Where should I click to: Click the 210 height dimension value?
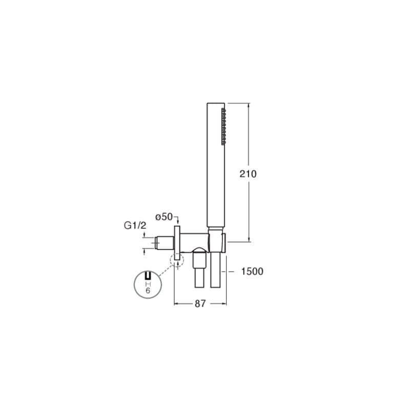click(x=248, y=174)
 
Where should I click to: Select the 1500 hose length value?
click(x=252, y=272)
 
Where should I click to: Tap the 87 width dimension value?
click(x=200, y=303)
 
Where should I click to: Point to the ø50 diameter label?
click(x=164, y=217)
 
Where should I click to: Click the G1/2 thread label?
click(x=135, y=225)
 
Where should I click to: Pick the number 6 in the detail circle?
click(x=148, y=291)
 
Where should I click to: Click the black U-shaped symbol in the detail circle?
click(x=148, y=276)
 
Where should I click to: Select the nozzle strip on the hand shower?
click(x=223, y=127)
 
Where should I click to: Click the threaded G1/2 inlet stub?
click(x=165, y=243)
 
